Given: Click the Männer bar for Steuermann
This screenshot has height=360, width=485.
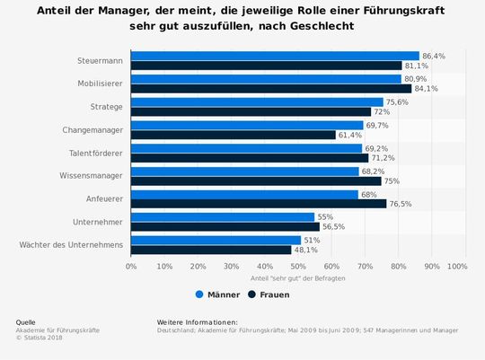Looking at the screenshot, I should (275, 56).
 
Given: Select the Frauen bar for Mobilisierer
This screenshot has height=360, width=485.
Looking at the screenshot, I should (271, 89).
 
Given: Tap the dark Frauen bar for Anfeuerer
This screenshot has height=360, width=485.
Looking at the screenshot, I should (259, 204).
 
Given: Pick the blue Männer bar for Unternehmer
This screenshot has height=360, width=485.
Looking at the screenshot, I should (223, 216).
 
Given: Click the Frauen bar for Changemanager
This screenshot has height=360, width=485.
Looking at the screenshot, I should (234, 135).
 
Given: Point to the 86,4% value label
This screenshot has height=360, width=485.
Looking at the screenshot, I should (433, 56).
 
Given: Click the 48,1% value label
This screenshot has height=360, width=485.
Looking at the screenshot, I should (306, 250).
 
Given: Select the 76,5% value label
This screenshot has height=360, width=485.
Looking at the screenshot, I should (400, 204).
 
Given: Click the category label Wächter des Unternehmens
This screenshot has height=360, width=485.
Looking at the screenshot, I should (71, 244).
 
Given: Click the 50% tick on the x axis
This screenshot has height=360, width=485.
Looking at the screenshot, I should (298, 267).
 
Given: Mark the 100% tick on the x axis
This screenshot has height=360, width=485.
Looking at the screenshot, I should (456, 267).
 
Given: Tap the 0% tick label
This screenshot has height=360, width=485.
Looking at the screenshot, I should (131, 267).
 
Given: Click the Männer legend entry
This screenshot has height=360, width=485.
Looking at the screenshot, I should (217, 294).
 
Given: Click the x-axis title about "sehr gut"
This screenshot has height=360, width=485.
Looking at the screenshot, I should (297, 278).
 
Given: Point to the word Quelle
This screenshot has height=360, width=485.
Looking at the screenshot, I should (26, 321).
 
